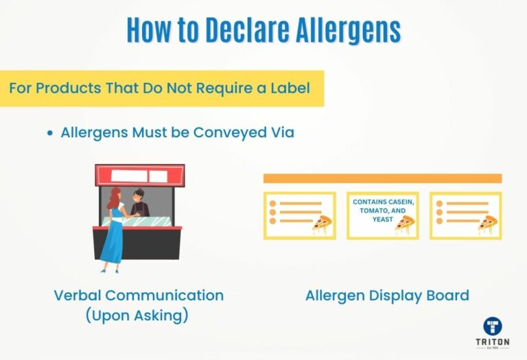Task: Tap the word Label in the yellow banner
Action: coord(286,88)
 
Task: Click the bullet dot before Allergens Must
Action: coord(50,133)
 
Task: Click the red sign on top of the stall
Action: coord(139,175)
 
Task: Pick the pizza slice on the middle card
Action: coord(404,224)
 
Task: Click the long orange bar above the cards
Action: coord(382,178)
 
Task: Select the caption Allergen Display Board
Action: coord(387,296)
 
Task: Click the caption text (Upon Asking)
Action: coord(137,316)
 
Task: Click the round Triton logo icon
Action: coord(492,326)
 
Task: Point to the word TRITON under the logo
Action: coord(492,342)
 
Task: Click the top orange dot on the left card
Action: coord(273,204)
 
